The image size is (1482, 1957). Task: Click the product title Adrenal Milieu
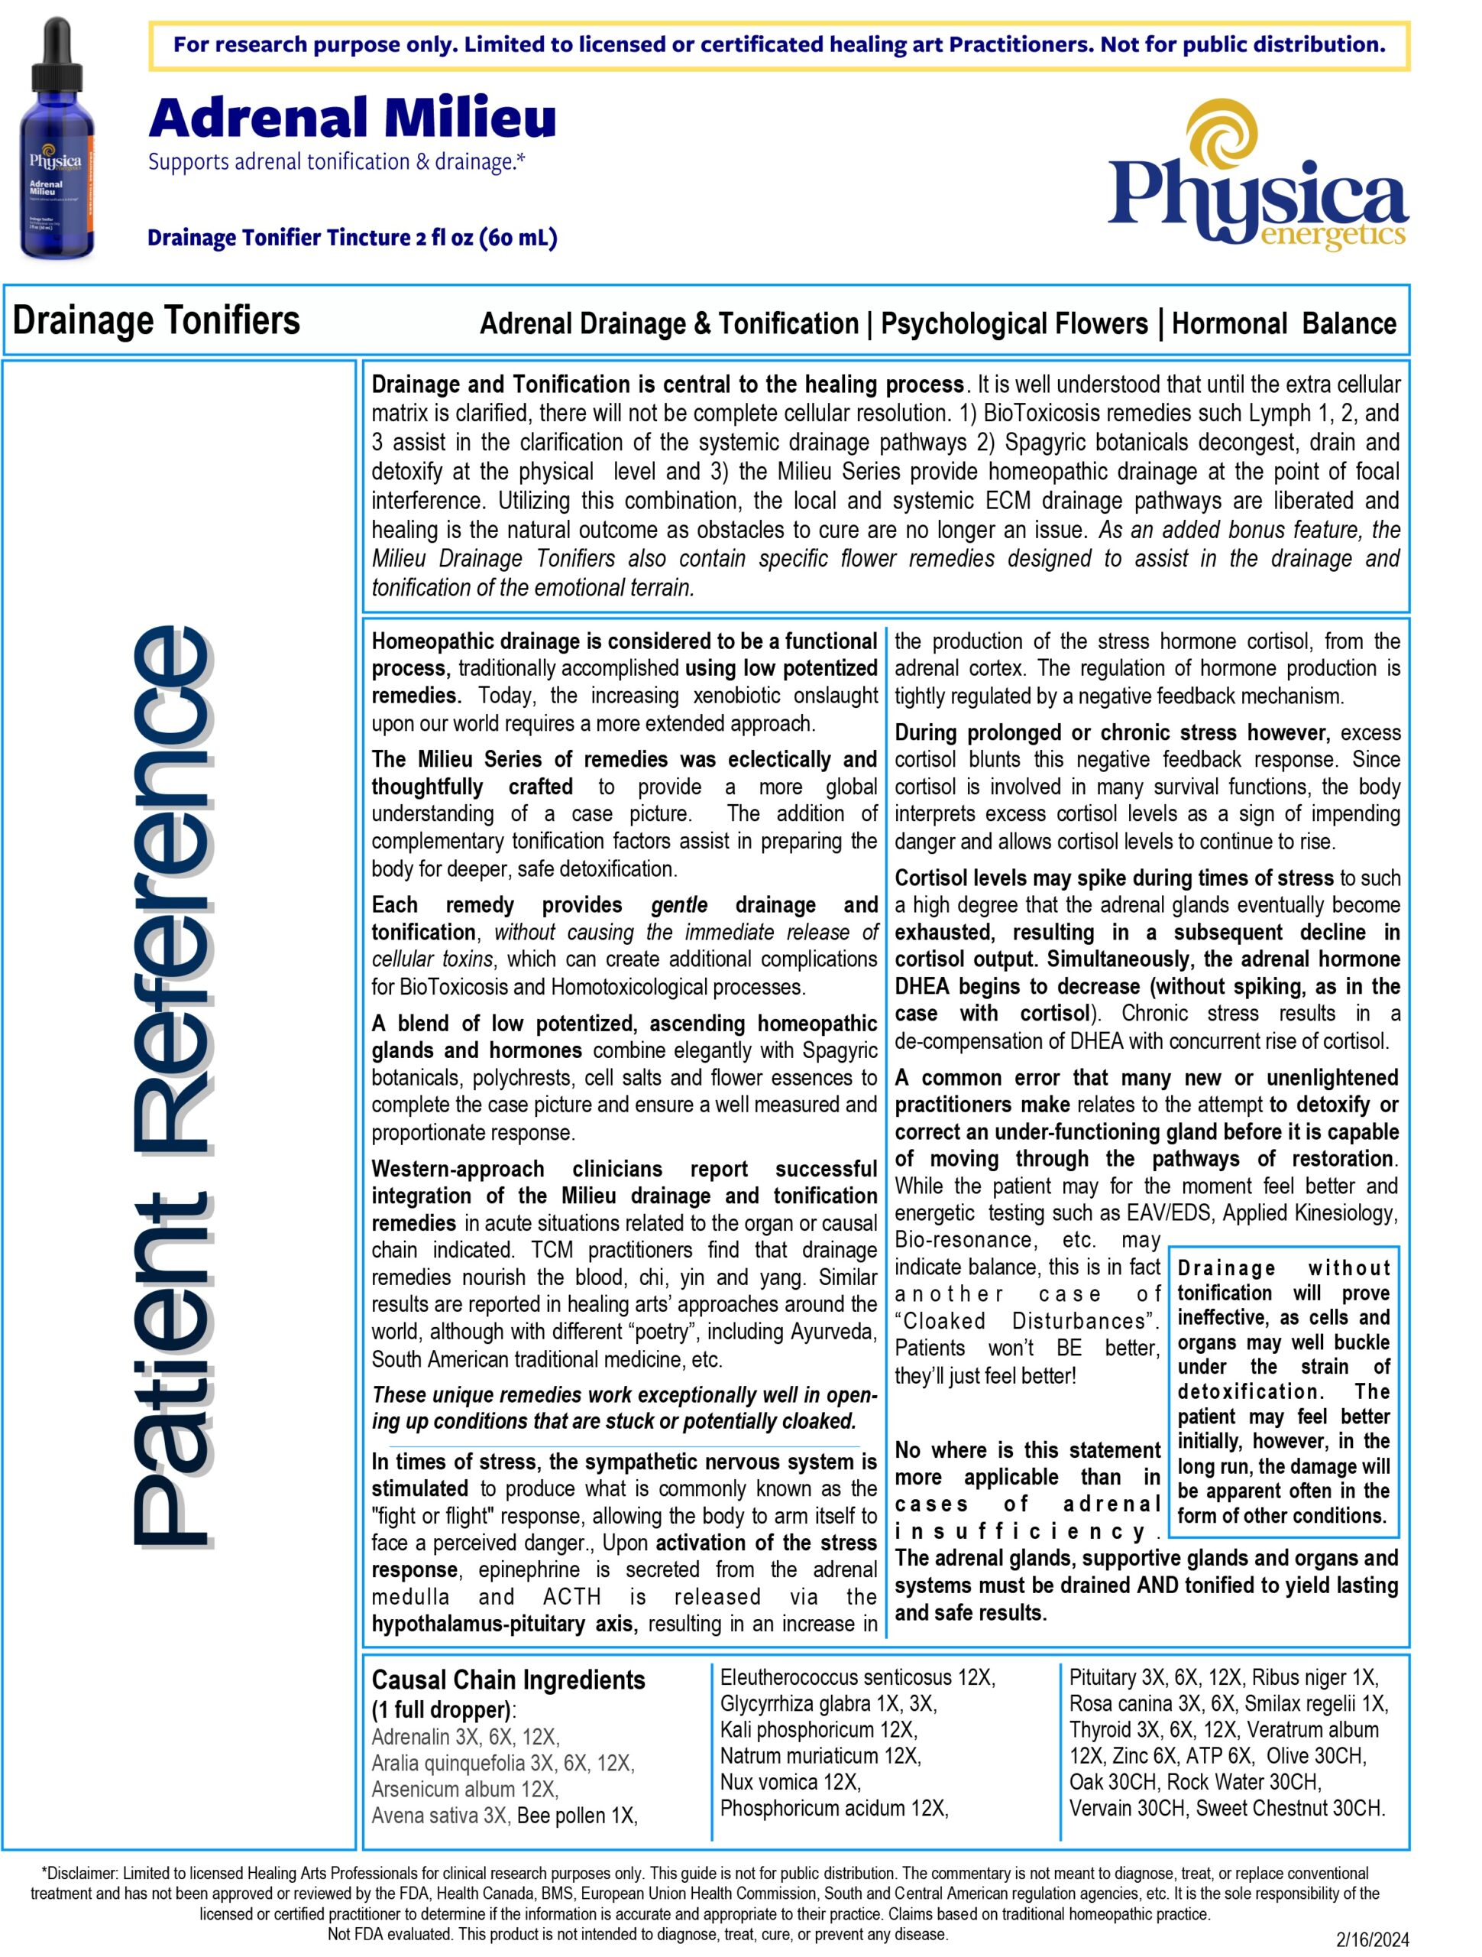(352, 118)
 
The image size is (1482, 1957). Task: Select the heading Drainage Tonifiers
(157, 320)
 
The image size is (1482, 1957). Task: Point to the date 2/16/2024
(1372, 1940)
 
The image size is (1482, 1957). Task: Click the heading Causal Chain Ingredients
(509, 1680)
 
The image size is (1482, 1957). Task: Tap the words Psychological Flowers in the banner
(1014, 324)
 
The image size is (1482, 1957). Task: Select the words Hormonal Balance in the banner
(1283, 324)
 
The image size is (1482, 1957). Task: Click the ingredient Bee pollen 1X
(577, 1816)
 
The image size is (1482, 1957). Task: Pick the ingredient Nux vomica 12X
(791, 1781)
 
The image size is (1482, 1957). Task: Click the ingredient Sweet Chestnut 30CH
(1290, 1807)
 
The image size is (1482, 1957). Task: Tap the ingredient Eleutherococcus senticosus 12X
(858, 1676)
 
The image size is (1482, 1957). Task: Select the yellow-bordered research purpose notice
(779, 45)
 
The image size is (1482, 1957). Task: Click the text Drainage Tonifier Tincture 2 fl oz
(352, 238)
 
